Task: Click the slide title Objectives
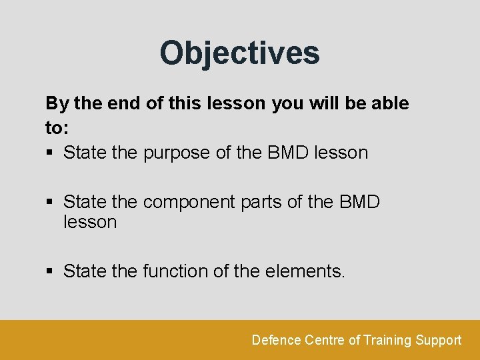pos(239,53)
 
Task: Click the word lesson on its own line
pos(90,222)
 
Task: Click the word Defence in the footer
pos(276,340)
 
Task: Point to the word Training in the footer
pos(387,340)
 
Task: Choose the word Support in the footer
pos(438,340)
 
